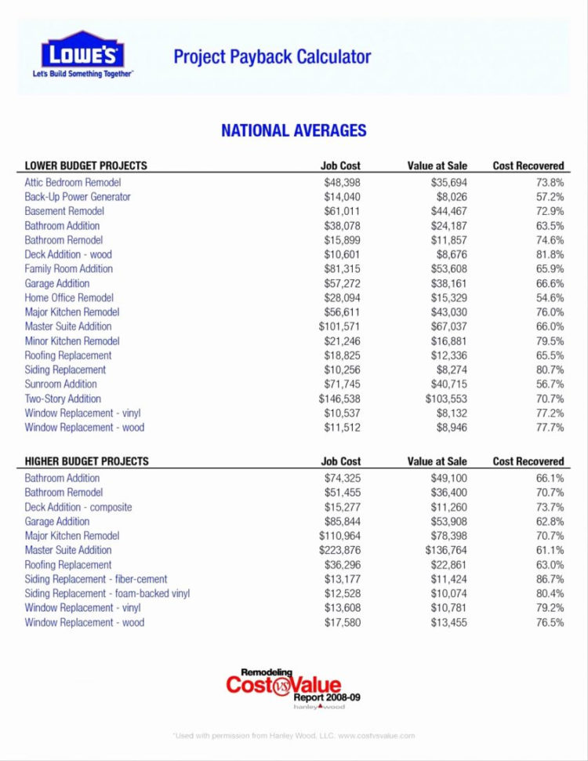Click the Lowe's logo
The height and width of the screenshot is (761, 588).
tap(82, 53)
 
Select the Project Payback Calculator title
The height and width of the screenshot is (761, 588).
tap(272, 56)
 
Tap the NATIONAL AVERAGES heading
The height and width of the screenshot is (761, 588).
tap(293, 130)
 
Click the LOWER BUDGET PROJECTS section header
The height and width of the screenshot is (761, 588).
tap(86, 166)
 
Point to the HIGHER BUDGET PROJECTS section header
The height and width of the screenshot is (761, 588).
tap(87, 461)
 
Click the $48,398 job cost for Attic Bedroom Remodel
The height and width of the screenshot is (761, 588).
tap(342, 182)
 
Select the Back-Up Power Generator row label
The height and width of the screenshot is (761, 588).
tap(78, 197)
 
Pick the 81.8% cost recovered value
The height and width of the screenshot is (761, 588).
tap(550, 254)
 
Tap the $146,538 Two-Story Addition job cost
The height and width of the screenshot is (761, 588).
tap(339, 399)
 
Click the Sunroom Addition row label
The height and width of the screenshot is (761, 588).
tap(61, 384)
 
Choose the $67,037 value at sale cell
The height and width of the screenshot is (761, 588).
tap(448, 326)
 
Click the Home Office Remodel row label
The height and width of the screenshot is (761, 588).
tap(69, 297)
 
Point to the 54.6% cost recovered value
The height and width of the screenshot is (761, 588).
tap(550, 297)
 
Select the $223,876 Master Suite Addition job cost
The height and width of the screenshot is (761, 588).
tap(339, 550)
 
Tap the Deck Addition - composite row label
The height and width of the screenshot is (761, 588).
tap(78, 507)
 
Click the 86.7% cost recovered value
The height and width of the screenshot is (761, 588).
tap(550, 579)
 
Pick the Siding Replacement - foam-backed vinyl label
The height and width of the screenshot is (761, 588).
tap(107, 593)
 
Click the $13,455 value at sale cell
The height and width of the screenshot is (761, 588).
tap(448, 622)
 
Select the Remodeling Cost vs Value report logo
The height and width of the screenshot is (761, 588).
tap(292, 688)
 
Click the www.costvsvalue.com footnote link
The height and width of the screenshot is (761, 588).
tap(376, 736)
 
